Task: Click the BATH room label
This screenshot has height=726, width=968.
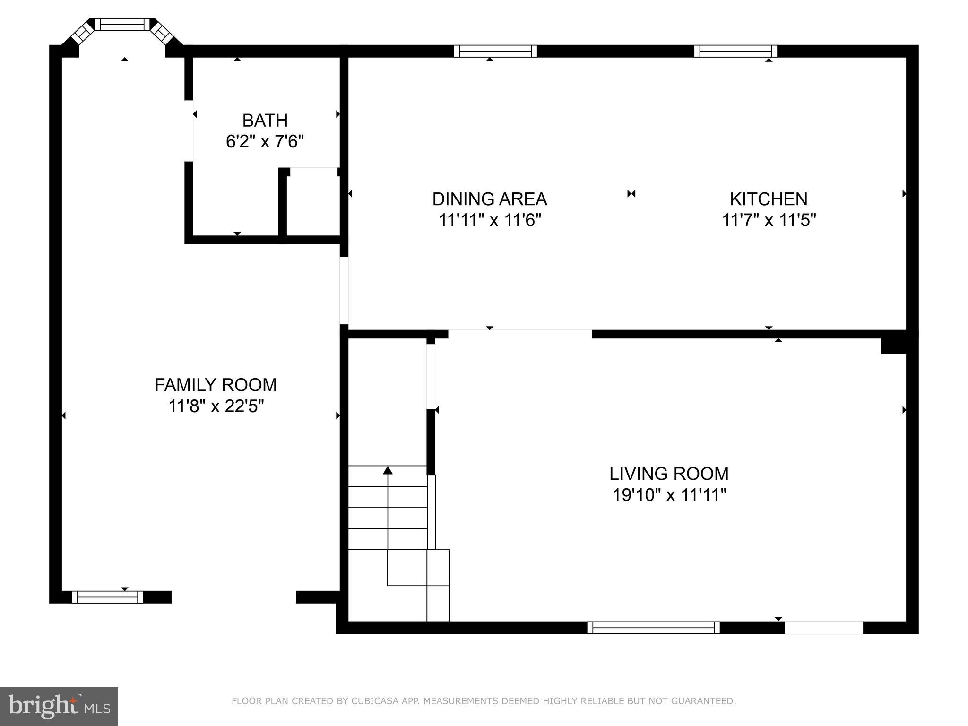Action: [265, 121]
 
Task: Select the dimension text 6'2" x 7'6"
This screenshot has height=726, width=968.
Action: [265, 141]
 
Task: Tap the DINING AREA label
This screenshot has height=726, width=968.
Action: [490, 199]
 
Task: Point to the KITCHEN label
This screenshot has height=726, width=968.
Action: [769, 199]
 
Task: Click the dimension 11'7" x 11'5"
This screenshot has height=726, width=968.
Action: [769, 220]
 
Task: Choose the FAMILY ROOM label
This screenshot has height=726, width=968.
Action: [216, 385]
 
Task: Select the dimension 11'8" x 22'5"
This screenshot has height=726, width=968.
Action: [216, 406]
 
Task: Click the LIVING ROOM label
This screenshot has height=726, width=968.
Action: [669, 474]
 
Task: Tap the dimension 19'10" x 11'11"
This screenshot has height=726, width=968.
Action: [669, 495]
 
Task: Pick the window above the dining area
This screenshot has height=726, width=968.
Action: [495, 51]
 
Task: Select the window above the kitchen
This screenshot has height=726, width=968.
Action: [735, 51]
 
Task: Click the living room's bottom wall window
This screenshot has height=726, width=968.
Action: [653, 628]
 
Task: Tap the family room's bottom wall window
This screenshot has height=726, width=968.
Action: [107, 597]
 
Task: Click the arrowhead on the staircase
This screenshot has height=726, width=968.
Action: [388, 470]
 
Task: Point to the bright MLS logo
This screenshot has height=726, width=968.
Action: [59, 706]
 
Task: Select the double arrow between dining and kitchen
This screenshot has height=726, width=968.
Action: [631, 194]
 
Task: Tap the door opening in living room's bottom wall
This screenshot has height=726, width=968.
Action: [824, 628]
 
